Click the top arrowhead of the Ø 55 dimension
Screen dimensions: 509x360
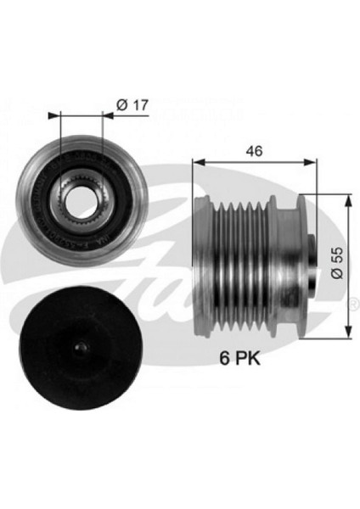point(347,197)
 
